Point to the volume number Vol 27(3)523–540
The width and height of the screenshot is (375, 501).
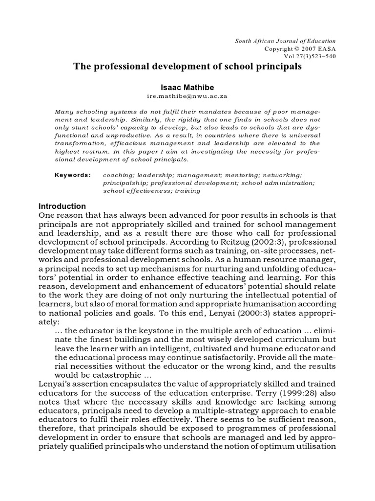(x=311, y=56)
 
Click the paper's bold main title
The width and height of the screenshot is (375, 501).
(x=187, y=67)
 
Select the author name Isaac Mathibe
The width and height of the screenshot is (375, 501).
(x=187, y=87)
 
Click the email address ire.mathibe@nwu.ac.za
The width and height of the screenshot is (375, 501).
(x=187, y=97)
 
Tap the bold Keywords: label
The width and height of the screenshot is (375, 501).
(x=73, y=175)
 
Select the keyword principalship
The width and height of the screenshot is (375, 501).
(x=125, y=182)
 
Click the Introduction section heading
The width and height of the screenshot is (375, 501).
(x=62, y=206)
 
